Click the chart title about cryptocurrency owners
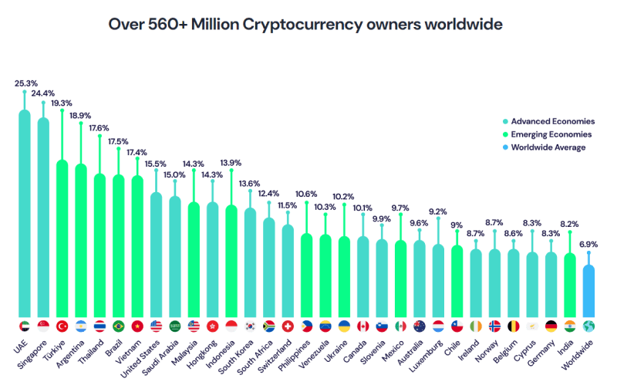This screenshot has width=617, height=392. (x=305, y=24)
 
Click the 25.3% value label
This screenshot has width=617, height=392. (x=25, y=82)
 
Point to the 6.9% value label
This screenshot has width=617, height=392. (x=588, y=244)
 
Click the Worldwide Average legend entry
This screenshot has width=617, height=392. (x=548, y=147)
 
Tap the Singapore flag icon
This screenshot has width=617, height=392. (x=43, y=326)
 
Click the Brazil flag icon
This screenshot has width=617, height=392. (x=119, y=326)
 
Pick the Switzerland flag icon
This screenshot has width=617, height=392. (x=288, y=326)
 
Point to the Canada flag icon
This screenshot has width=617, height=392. (x=363, y=326)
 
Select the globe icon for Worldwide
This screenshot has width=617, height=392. (x=588, y=326)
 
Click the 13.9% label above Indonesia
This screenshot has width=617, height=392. (x=231, y=163)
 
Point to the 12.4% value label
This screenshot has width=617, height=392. (x=269, y=193)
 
